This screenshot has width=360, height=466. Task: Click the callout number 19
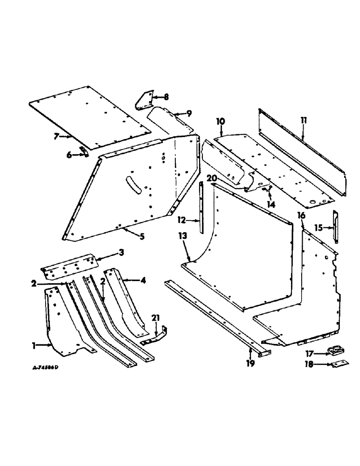[250, 363]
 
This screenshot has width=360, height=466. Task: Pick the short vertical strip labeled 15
[335, 226]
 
